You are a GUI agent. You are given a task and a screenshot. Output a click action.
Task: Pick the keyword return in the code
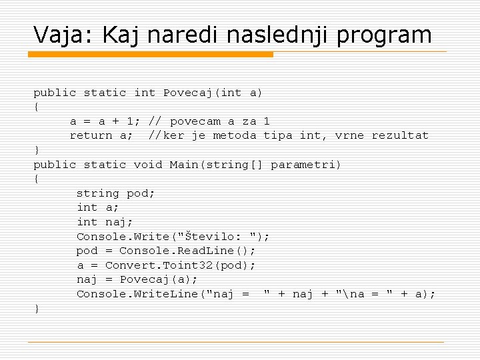pyautogui.click(x=91, y=136)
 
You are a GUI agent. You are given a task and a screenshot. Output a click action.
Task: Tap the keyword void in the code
pyautogui.click(x=148, y=165)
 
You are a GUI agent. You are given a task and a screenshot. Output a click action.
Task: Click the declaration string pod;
pyautogui.click(x=115, y=193)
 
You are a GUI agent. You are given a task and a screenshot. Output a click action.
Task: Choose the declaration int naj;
pyautogui.click(x=101, y=222)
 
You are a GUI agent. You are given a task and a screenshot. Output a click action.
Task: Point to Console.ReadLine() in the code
pyautogui.click(x=187, y=251)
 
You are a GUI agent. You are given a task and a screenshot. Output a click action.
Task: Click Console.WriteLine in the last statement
pyautogui.click(x=137, y=294)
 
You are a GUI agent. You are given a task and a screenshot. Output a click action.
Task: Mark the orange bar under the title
pyautogui.click(x=153, y=55)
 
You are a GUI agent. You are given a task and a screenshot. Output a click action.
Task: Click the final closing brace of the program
pyautogui.click(x=37, y=308)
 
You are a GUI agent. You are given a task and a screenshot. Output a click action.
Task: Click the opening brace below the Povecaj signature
pyautogui.click(x=37, y=107)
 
